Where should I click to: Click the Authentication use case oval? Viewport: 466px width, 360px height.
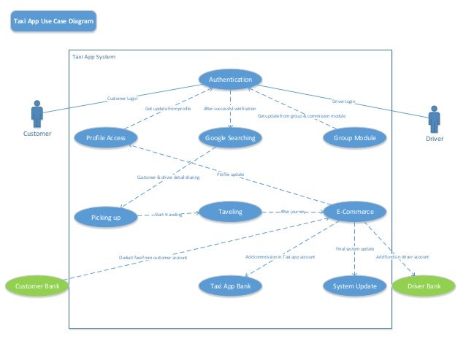(230, 80)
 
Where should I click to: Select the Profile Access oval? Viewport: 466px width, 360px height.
(106, 138)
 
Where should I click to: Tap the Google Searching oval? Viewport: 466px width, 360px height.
(229, 138)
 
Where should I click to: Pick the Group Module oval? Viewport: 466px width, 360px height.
(354, 138)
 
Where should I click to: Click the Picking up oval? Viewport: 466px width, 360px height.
(105, 217)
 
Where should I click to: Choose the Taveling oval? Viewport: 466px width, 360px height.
(229, 212)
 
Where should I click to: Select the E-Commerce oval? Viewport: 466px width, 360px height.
(354, 212)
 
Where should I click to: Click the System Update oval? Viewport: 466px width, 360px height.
(354, 286)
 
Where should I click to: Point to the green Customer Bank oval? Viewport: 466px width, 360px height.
(37, 286)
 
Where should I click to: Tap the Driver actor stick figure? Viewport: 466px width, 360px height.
(434, 119)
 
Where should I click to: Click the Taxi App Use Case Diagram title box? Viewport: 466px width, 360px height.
(53, 22)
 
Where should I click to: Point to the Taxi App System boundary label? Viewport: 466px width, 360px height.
(93, 56)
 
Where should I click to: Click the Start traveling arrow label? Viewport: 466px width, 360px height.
(168, 215)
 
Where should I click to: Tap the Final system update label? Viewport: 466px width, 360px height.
(355, 249)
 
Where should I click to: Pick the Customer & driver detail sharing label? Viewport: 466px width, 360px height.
(168, 177)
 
